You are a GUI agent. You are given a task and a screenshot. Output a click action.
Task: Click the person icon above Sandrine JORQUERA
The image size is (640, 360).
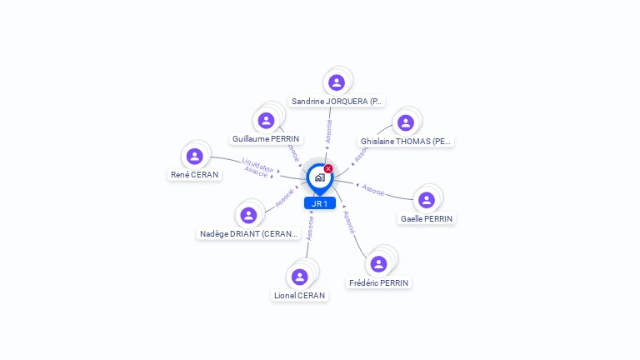[337, 82]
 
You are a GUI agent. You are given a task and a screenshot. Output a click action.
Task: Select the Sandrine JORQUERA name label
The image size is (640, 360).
[337, 101]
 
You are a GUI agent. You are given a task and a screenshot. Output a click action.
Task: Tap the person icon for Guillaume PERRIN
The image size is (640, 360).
[267, 121]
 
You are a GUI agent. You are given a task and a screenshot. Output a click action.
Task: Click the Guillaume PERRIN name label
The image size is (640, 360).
[266, 139]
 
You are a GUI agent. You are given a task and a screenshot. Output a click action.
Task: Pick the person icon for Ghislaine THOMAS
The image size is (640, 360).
[406, 122]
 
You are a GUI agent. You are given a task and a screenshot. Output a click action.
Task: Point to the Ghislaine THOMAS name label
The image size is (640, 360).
[406, 141]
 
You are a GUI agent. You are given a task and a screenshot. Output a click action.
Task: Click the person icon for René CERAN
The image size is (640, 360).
[195, 156]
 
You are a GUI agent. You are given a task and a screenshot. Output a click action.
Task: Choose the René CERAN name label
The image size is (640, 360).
[195, 175]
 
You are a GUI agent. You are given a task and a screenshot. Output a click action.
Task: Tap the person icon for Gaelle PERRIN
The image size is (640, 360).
[427, 200]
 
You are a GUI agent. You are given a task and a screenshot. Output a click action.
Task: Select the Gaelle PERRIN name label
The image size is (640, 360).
[427, 218]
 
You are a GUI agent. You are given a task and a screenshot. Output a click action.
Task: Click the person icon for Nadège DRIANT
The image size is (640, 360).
[248, 215]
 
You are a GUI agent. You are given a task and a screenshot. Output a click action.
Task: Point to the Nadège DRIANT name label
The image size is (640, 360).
[248, 234]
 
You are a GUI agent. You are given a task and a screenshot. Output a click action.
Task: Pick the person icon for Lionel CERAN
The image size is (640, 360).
[300, 277]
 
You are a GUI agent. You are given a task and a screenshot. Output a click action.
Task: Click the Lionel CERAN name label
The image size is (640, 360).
[300, 295]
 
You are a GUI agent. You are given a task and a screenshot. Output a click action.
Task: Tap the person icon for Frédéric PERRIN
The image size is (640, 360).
[379, 264]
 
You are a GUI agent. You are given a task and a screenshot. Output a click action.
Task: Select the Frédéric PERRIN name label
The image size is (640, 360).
[379, 282]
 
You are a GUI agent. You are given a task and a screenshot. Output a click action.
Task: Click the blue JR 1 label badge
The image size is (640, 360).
[319, 203]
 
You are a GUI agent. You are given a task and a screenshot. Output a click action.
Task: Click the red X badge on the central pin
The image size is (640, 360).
[328, 169]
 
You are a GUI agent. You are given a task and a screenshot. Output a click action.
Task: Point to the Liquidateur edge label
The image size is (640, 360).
[257, 163]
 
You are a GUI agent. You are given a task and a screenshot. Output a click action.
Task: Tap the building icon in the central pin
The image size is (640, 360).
[319, 177]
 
